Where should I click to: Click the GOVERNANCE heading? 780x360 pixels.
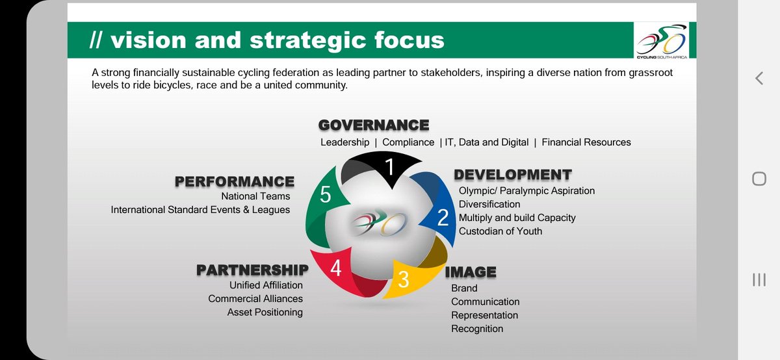point(373,125)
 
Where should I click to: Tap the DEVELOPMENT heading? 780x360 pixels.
point(512,174)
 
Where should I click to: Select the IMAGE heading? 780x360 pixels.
point(471,272)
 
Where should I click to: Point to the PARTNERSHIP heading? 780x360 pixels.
point(252,269)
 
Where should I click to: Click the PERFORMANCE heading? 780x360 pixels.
point(234,181)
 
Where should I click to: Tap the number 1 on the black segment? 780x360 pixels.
point(389,168)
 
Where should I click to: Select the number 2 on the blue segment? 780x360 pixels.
point(443,217)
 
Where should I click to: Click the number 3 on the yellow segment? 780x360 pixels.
point(403,279)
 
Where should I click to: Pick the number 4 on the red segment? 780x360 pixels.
point(335,268)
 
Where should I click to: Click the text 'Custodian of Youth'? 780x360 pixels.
point(500,231)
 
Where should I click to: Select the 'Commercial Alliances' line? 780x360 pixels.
point(255,299)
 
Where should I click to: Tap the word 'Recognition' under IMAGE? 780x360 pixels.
point(477,329)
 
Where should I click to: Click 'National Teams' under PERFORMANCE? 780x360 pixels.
point(255,196)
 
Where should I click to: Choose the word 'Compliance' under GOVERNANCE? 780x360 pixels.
point(408,142)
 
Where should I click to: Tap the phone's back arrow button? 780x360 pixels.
point(759,79)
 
